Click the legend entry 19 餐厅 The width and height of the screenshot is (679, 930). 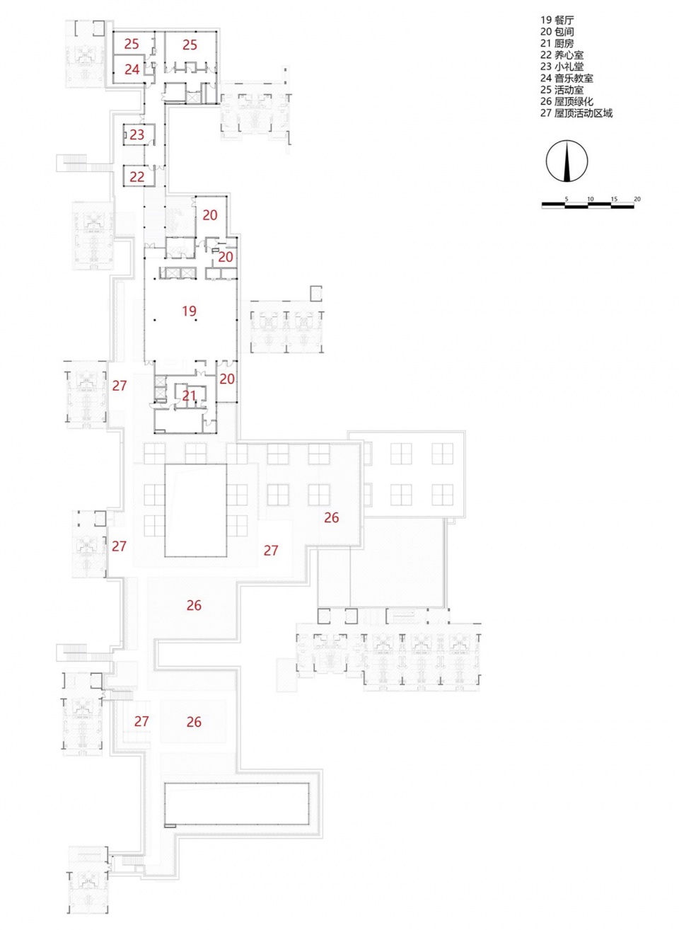[557, 20]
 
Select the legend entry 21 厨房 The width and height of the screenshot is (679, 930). [557, 43]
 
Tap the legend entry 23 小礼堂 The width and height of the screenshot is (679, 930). [562, 67]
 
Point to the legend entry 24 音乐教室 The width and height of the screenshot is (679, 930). [567, 78]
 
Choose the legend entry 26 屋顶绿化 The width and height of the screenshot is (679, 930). [567, 101]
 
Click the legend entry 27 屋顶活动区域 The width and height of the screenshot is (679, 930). [576, 113]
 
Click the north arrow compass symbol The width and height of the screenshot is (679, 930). [567, 161]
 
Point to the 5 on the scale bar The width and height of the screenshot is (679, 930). [566, 200]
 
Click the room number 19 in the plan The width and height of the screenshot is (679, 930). [189, 311]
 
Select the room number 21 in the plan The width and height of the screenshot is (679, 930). [189, 396]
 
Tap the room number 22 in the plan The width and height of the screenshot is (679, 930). [137, 177]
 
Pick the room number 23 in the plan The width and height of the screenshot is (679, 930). [137, 134]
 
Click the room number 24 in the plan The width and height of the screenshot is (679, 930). [132, 69]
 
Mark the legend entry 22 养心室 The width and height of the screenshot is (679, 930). [562, 54]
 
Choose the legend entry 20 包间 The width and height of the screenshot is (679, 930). [557, 32]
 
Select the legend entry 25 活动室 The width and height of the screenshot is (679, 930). [562, 90]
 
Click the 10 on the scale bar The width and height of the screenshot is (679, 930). [591, 200]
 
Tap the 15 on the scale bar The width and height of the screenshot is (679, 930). [614, 200]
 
